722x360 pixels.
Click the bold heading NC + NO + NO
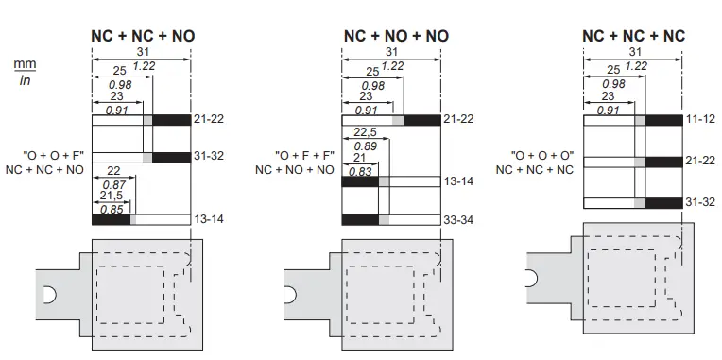click(x=395, y=36)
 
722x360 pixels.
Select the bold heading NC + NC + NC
click(x=633, y=36)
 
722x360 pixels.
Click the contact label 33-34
click(x=458, y=219)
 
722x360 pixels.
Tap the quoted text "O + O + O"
click(x=541, y=153)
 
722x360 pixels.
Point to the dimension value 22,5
click(x=366, y=132)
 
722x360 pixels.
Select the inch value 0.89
click(x=366, y=146)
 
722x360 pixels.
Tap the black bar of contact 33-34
click(x=359, y=220)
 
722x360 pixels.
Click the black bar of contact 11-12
click(x=663, y=120)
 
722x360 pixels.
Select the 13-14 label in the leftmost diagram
click(x=209, y=219)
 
